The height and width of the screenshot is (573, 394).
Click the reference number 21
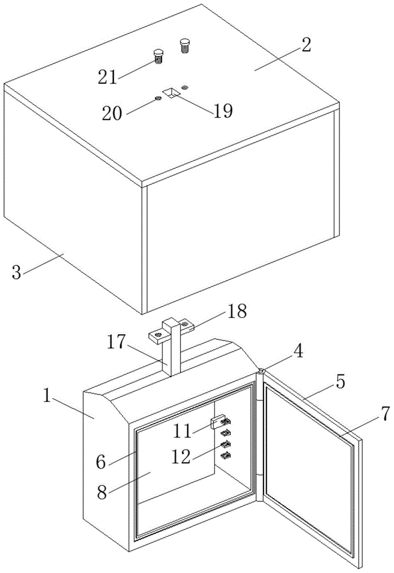107,77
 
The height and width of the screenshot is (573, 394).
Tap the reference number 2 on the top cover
306,45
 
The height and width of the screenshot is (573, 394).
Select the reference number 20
112,113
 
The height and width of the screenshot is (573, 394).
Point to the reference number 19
223,111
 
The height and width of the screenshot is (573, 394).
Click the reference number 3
17,272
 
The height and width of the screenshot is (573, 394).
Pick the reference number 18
237,311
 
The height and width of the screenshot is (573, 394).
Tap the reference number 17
117,343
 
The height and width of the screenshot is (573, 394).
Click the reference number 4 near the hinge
298,352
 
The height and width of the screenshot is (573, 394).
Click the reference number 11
182,431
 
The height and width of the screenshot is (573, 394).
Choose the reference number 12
181,457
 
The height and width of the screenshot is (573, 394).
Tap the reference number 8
103,492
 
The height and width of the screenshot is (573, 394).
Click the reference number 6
101,462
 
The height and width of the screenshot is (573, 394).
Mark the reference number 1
46,396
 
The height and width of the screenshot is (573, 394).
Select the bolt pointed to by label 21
158,56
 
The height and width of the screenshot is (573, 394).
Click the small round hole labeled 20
158,99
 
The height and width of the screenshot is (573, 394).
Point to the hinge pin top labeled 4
262,371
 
